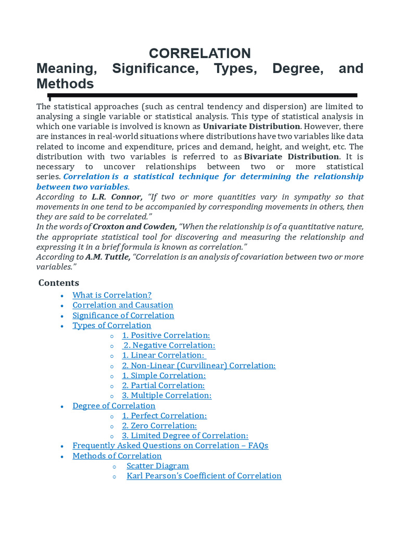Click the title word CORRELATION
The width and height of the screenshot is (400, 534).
[x=200, y=53]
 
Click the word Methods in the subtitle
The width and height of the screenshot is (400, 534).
[x=65, y=84]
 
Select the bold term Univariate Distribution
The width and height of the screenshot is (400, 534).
[x=252, y=126]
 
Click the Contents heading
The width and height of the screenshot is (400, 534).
[x=59, y=283]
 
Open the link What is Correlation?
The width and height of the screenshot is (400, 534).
[x=112, y=295]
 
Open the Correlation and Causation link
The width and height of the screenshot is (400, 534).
[x=123, y=305]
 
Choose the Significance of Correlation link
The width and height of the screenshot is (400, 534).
[x=123, y=315]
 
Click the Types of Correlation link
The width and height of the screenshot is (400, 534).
[x=112, y=325]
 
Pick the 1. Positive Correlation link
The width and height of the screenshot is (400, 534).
[x=166, y=335]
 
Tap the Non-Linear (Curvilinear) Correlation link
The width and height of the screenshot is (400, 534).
[x=199, y=366]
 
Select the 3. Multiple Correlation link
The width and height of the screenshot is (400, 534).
[x=167, y=395]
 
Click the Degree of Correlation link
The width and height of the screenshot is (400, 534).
[x=114, y=406]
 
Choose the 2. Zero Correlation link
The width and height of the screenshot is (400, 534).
[x=159, y=426]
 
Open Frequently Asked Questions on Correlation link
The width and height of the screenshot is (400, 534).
[x=170, y=446]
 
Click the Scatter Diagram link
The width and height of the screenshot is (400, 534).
[x=158, y=466]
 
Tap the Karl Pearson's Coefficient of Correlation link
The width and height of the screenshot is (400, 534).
[x=204, y=476]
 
